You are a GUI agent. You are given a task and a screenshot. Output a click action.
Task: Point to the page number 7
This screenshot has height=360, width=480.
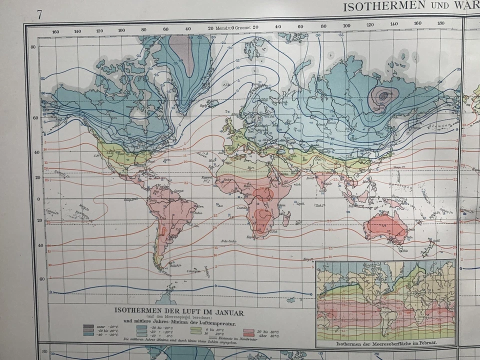(x=39, y=13)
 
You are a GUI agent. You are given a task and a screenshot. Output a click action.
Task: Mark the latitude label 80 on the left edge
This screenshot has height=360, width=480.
(x=33, y=47)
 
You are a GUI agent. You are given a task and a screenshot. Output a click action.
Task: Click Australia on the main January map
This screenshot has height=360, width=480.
(x=385, y=227)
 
